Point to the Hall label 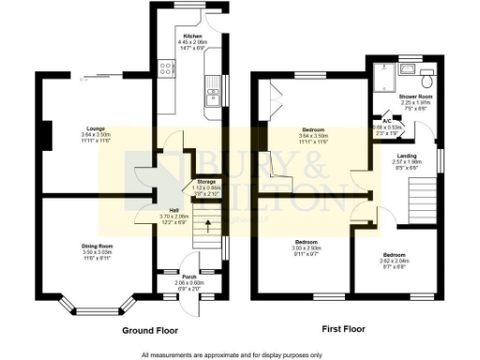174,210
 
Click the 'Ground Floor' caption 152,331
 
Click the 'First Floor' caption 343,331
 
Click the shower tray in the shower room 383,74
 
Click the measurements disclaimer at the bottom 232,354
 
